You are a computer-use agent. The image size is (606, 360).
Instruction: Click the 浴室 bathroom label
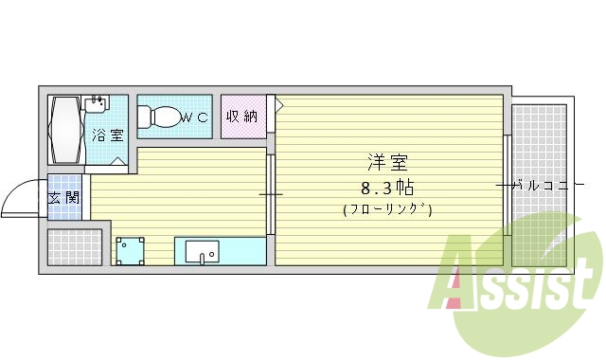click(x=107, y=135)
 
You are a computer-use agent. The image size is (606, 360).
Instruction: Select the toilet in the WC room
click(x=163, y=117)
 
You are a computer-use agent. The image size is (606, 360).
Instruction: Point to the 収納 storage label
click(x=241, y=117)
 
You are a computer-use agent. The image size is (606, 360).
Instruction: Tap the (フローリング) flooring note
click(x=389, y=209)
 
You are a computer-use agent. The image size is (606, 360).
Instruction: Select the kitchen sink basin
click(x=202, y=252)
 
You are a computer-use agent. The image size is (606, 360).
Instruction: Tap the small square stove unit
click(x=131, y=251)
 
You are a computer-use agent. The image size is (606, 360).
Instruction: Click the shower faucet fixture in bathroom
click(x=96, y=100)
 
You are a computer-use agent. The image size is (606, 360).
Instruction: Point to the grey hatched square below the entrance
click(x=73, y=247)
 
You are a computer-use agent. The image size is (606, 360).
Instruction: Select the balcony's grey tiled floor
click(x=540, y=142)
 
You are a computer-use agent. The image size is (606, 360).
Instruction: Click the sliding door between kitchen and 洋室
click(x=270, y=194)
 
